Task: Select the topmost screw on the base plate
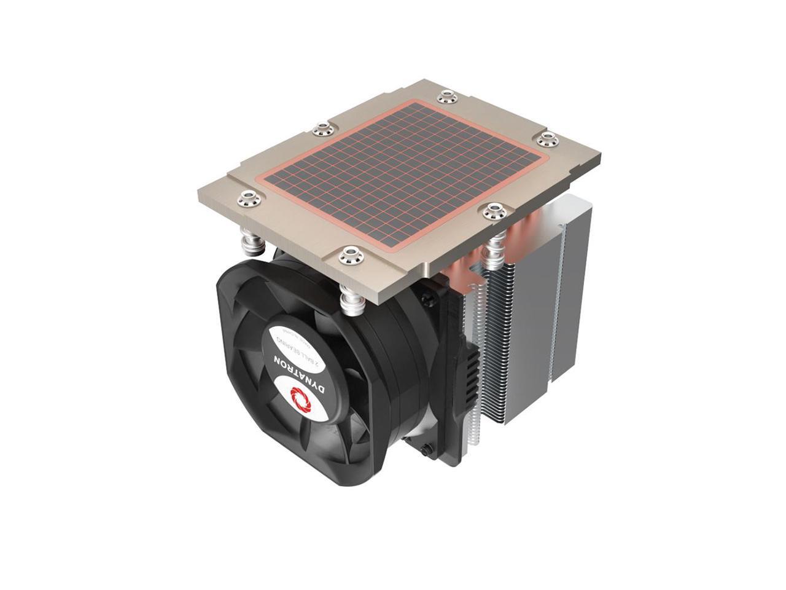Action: pyautogui.click(x=446, y=96)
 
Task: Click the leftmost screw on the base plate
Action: pyautogui.click(x=248, y=198)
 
